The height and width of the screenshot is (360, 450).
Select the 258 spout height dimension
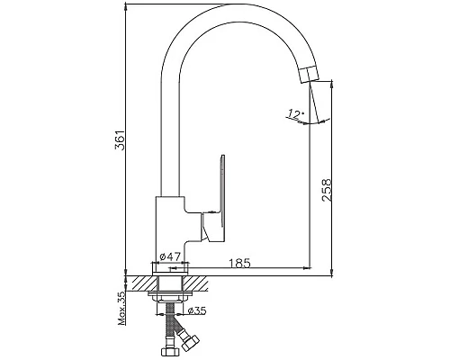[327, 190]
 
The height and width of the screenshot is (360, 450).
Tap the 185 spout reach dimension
[239, 263]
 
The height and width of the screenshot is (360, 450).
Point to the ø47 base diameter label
[170, 256]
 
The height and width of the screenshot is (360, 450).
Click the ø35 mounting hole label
[197, 310]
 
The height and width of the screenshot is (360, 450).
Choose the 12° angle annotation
[295, 114]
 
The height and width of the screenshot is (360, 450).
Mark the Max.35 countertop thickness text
[121, 308]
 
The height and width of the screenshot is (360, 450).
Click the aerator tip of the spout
[310, 75]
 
